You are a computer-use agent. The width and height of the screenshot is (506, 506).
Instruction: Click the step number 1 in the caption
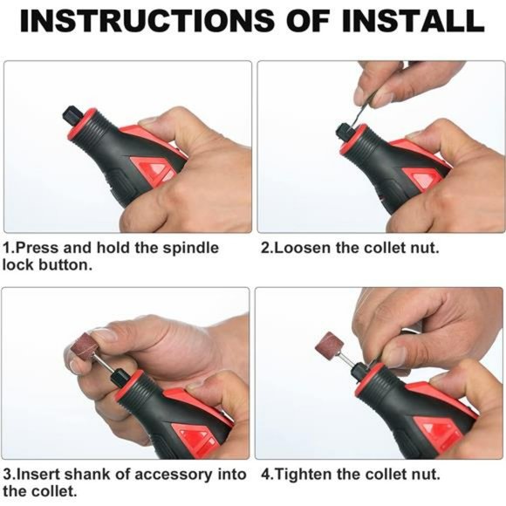click(x=7, y=248)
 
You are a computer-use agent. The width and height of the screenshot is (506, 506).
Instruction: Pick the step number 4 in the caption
click(x=265, y=475)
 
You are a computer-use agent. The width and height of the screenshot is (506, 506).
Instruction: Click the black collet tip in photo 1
click(x=72, y=116)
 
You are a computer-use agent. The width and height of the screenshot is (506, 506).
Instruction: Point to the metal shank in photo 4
click(x=346, y=360)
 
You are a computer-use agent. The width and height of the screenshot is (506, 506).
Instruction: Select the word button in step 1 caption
click(x=65, y=265)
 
